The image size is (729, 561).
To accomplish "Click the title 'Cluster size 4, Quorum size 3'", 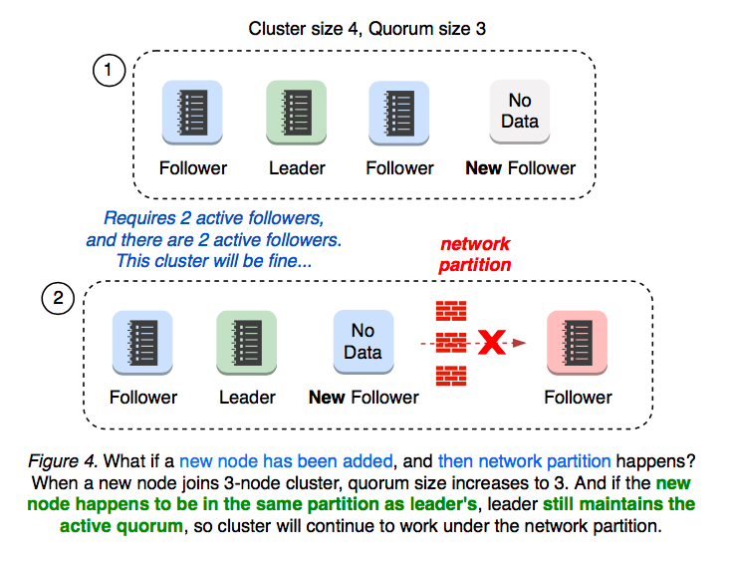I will point(367,28).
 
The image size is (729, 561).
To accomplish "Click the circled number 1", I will point(108,71).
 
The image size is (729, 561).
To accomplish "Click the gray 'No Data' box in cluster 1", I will point(520,112).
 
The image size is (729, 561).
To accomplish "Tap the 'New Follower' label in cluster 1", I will point(520,167).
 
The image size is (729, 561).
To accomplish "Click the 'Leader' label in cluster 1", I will point(297,167).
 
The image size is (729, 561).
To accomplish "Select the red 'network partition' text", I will point(475,254).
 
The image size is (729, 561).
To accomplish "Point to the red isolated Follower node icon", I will point(577,342).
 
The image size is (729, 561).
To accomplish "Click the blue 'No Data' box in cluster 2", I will point(363,341).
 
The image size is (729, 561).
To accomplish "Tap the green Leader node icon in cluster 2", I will point(246,342).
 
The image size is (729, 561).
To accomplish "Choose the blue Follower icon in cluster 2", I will point(142,342).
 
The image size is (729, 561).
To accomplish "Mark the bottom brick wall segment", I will point(451,376).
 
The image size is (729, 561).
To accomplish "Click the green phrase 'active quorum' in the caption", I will point(121,524).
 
